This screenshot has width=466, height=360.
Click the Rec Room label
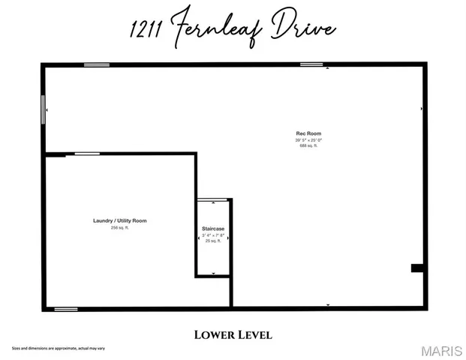pyautogui.click(x=309, y=133)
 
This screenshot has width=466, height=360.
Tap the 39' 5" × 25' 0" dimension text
pyautogui.click(x=309, y=139)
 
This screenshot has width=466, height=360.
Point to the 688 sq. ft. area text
pyautogui.click(x=309, y=145)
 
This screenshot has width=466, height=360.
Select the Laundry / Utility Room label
pyautogui.click(x=119, y=220)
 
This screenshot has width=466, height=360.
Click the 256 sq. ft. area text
pyautogui.click(x=119, y=227)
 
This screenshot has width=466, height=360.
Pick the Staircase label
pyautogui.click(x=213, y=228)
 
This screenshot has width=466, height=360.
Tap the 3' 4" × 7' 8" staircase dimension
pyautogui.click(x=213, y=235)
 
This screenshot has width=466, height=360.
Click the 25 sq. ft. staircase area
pyautogui.click(x=213, y=241)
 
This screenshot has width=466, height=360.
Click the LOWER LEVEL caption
pyautogui.click(x=233, y=334)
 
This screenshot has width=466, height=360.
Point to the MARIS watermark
pyautogui.click(x=442, y=351)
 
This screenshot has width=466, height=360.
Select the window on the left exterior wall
pyautogui.click(x=42, y=109)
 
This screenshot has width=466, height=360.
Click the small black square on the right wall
pyautogui.click(x=417, y=268)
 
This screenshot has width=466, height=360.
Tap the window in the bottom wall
pyautogui.click(x=66, y=308)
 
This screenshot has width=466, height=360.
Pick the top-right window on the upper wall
pyautogui.click(x=311, y=65)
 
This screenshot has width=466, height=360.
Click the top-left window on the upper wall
pyautogui.click(x=97, y=65)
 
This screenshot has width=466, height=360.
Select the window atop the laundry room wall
pyautogui.click(x=88, y=154)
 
